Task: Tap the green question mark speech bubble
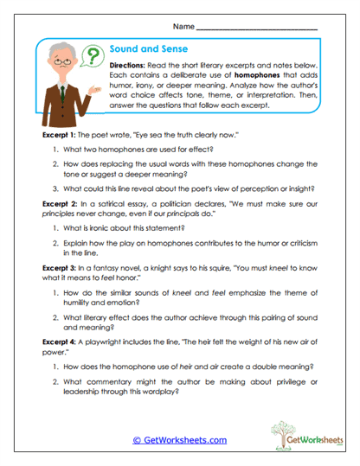(x=87, y=58)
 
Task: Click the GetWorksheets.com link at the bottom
(x=179, y=439)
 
